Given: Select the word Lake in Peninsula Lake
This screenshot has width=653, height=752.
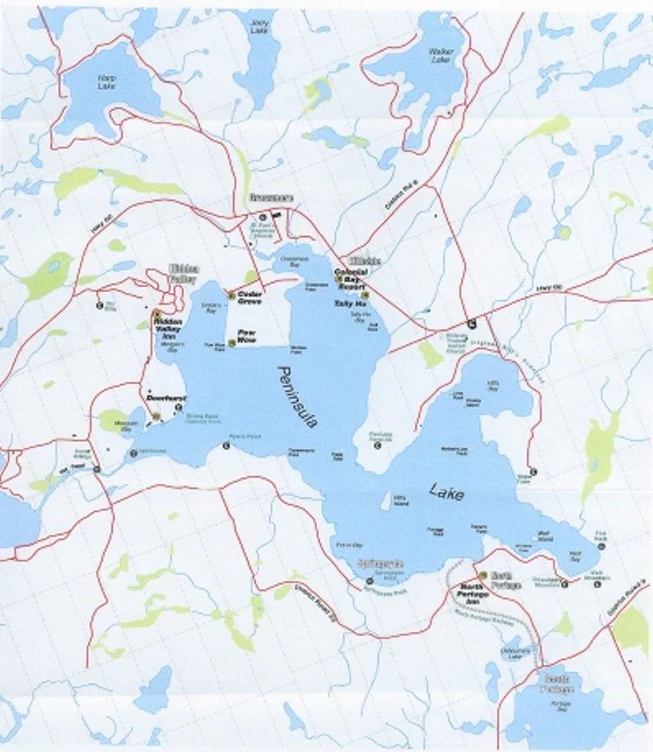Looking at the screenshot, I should (x=446, y=493).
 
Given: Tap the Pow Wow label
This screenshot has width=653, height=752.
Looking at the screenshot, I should (x=246, y=337).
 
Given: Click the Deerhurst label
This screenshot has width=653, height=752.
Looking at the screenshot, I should (x=163, y=397).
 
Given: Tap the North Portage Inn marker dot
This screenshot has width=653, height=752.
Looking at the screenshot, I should (x=482, y=575).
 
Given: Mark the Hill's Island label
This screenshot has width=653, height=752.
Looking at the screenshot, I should (x=400, y=499).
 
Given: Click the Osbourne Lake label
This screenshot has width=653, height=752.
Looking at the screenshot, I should (x=516, y=653).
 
